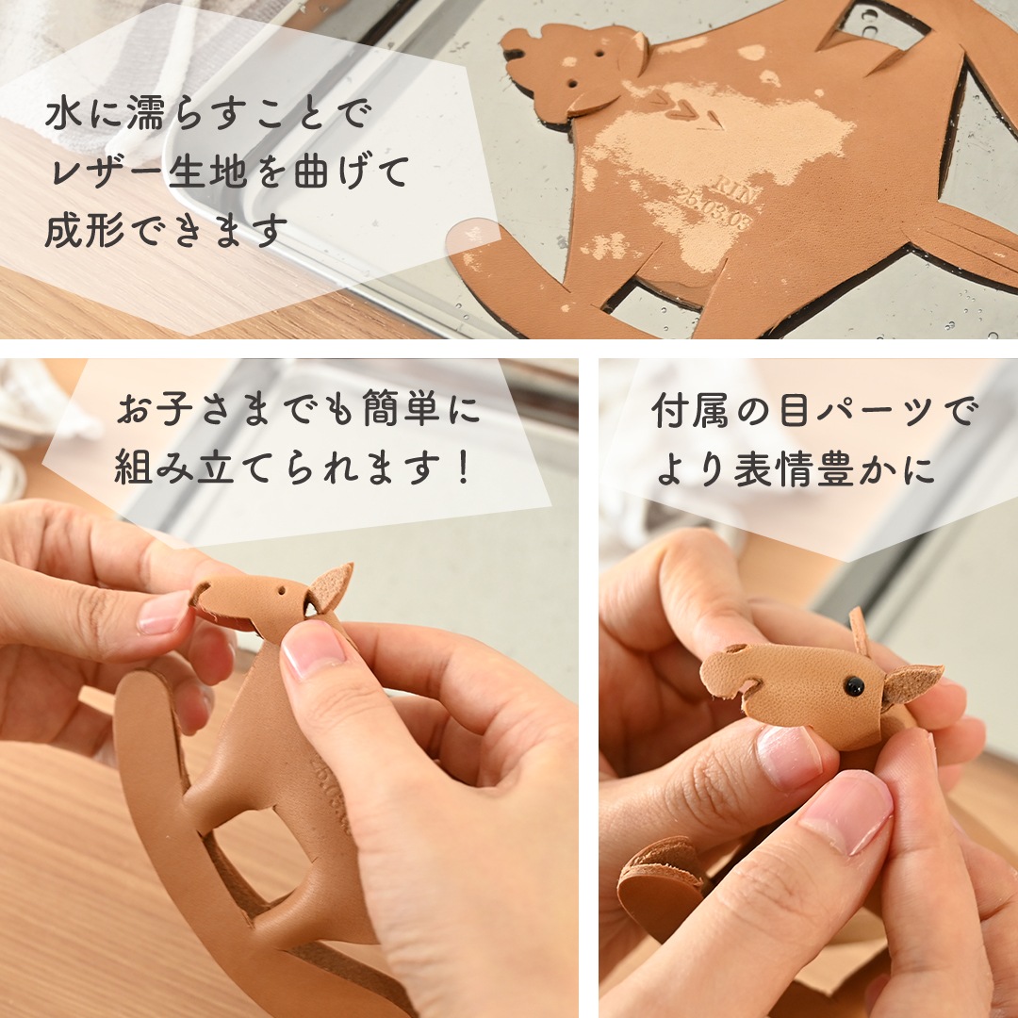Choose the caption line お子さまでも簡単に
pos(298,411)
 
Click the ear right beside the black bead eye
pos(910,683)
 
